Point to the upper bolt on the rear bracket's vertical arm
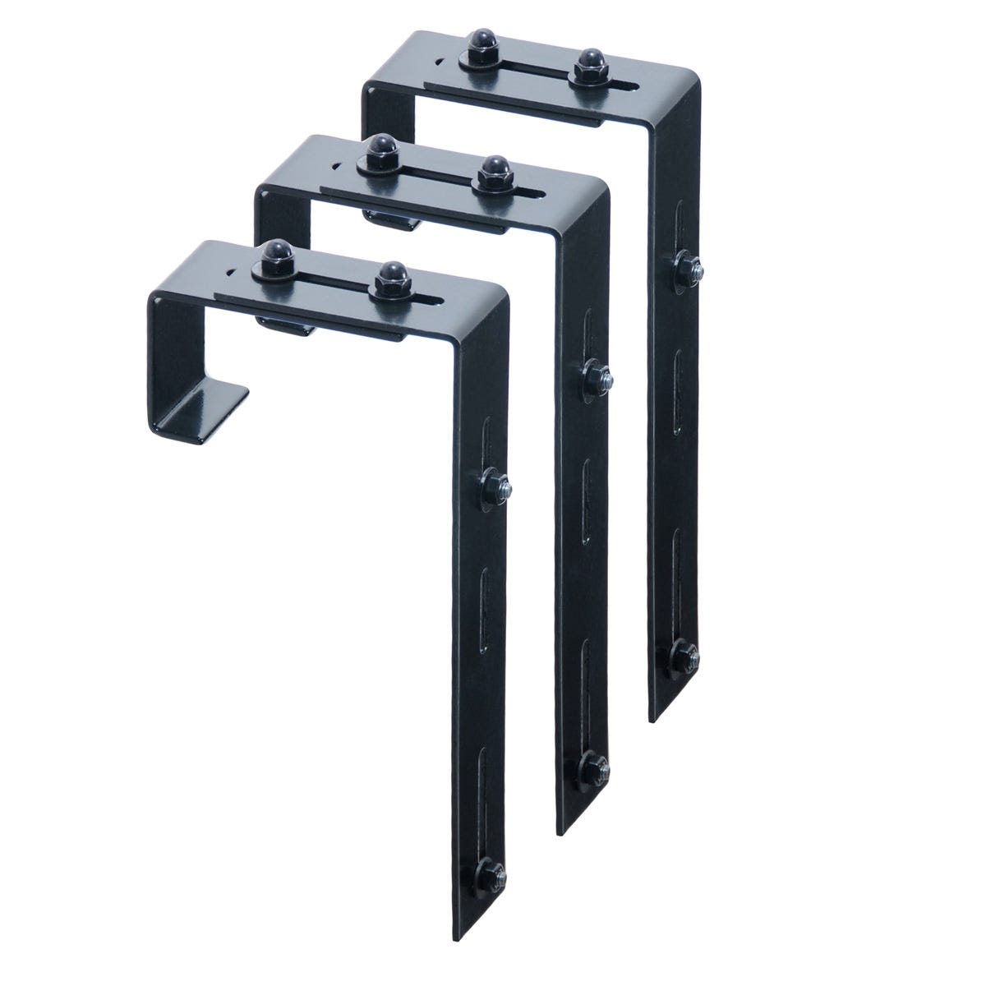(x=685, y=268)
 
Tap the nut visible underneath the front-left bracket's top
(x=288, y=325)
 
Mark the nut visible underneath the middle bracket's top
(x=386, y=220)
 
